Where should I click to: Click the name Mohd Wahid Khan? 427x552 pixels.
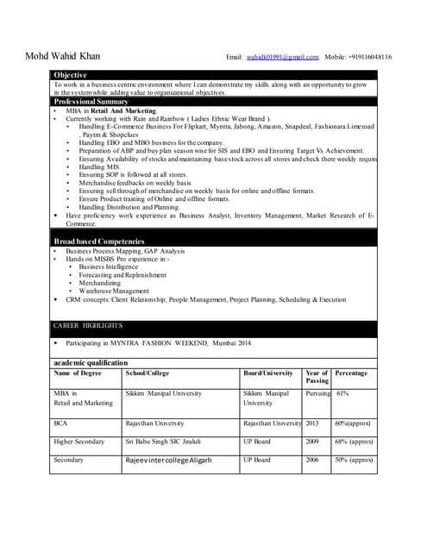pos(64,57)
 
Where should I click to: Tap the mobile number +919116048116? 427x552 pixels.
pos(370,57)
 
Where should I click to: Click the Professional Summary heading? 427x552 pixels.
pos(91,102)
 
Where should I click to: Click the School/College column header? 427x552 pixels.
pos(148,373)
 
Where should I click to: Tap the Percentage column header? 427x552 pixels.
pos(351,373)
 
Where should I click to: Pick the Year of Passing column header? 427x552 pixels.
pos(317,377)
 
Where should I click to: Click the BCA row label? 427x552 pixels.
pos(60,423)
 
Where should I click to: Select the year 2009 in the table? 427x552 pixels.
pos(312,442)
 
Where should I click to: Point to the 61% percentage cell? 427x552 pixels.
pos(342,393)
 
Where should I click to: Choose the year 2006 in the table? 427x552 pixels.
pos(312,460)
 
